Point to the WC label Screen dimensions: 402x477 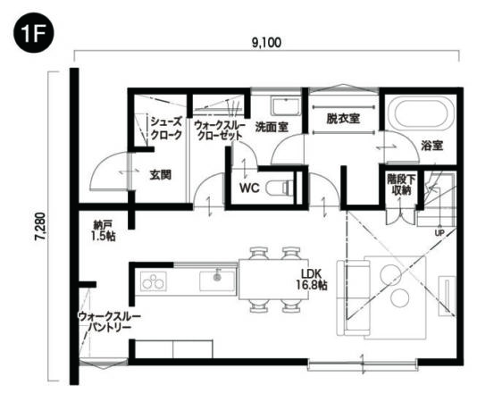[249, 188]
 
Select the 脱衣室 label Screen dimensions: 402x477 [343, 118]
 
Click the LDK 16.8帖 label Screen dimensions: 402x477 [310, 279]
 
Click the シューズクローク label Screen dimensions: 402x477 [166, 129]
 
